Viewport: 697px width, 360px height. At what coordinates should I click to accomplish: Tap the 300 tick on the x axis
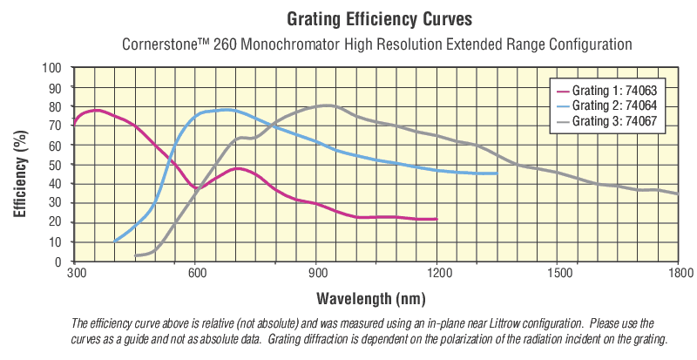click(x=76, y=274)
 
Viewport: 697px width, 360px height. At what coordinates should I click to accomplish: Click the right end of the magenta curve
click(x=436, y=220)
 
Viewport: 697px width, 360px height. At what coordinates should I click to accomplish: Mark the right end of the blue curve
click(x=497, y=173)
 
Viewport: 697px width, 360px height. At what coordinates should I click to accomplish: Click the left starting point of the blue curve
click(x=115, y=241)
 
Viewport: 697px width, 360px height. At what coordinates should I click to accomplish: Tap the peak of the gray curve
click(x=324, y=105)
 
